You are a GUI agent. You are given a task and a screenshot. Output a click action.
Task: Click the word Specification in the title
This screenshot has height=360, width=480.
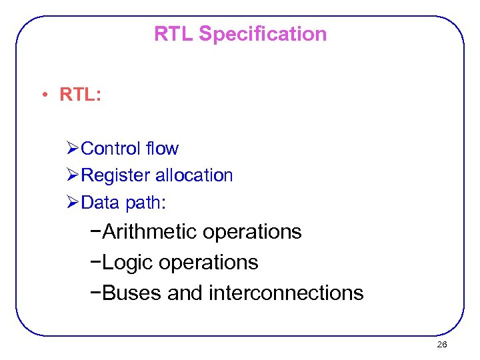click(x=263, y=34)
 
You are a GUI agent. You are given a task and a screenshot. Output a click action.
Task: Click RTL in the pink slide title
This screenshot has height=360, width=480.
click(x=174, y=34)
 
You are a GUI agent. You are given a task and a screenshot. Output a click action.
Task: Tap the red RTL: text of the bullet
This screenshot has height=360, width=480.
click(x=80, y=95)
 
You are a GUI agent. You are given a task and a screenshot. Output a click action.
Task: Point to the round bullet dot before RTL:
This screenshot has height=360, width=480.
click(x=42, y=95)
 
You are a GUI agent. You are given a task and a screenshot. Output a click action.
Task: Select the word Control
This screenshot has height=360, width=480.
click(x=111, y=148)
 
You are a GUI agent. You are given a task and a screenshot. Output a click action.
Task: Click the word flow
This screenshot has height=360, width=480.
click(x=163, y=148)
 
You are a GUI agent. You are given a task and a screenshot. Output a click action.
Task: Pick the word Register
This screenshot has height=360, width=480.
click(x=115, y=175)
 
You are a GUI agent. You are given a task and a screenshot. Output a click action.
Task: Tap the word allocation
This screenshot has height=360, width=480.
click(x=194, y=175)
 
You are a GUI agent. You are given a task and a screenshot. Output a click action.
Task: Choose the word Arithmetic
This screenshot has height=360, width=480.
click(x=151, y=232)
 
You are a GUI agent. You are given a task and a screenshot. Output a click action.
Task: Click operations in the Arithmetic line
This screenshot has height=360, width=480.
click(x=252, y=232)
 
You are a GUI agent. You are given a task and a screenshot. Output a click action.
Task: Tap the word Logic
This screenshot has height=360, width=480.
click(x=128, y=263)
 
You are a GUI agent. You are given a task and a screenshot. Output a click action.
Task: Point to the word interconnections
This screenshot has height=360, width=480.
click(x=286, y=293)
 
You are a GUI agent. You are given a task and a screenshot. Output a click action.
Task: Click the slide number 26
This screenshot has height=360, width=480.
click(x=441, y=345)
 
